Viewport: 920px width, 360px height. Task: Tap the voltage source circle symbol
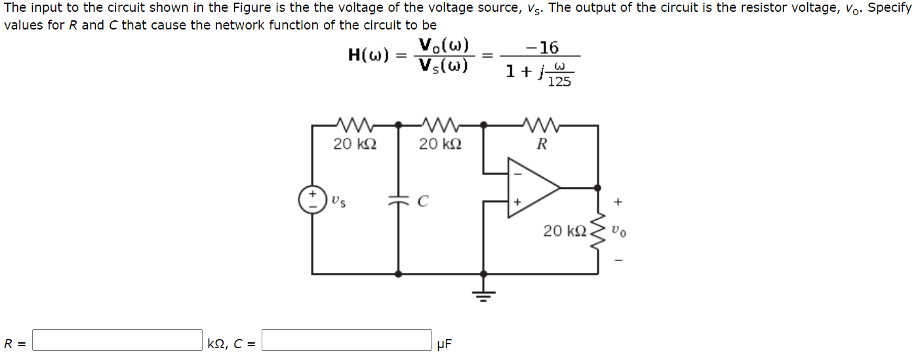pos(312,199)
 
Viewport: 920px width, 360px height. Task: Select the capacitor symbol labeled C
pos(398,202)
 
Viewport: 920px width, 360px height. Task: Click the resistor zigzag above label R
pos(541,124)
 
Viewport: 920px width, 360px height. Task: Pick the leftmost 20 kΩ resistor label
pos(355,144)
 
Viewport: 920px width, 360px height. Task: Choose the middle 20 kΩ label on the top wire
pos(440,144)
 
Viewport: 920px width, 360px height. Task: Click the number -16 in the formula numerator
pos(543,48)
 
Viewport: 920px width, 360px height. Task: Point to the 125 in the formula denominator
pos(559,81)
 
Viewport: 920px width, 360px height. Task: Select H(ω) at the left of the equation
pos(370,56)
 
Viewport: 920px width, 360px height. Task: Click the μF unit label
pos(444,344)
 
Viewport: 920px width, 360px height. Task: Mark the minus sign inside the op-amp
pos(517,174)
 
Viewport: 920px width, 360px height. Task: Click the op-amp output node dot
pos(597,188)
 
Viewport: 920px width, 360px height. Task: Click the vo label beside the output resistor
pos(618,231)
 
